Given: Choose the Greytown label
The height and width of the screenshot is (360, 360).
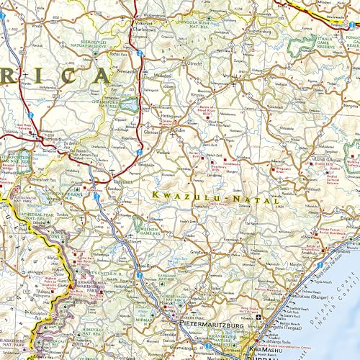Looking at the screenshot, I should click(204, 253).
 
